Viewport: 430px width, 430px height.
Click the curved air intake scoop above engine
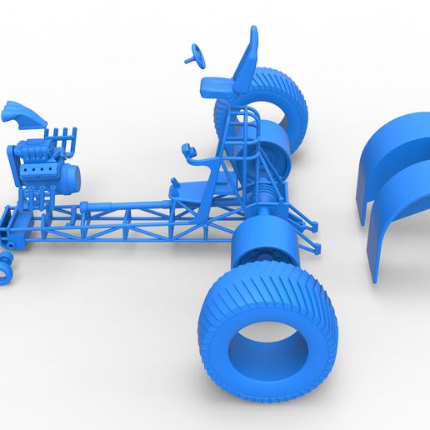(x=20, y=114)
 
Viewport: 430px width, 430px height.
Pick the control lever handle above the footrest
(x=188, y=152)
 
